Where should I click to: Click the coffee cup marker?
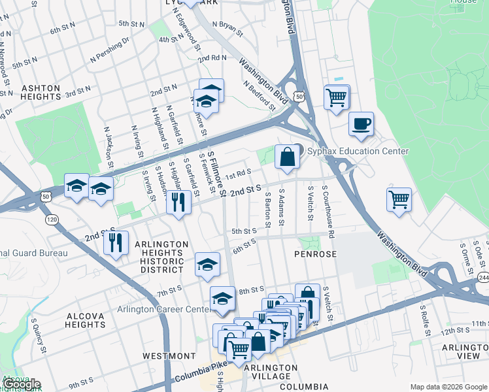pos(360,123)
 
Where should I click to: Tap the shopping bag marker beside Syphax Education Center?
pos(287,157)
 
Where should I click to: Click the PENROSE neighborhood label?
pos(315,253)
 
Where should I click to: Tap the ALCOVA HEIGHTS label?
pos(86,321)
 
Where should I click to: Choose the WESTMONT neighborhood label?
pos(169,356)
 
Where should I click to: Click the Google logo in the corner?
pos(22,384)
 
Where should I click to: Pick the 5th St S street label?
pos(243,231)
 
